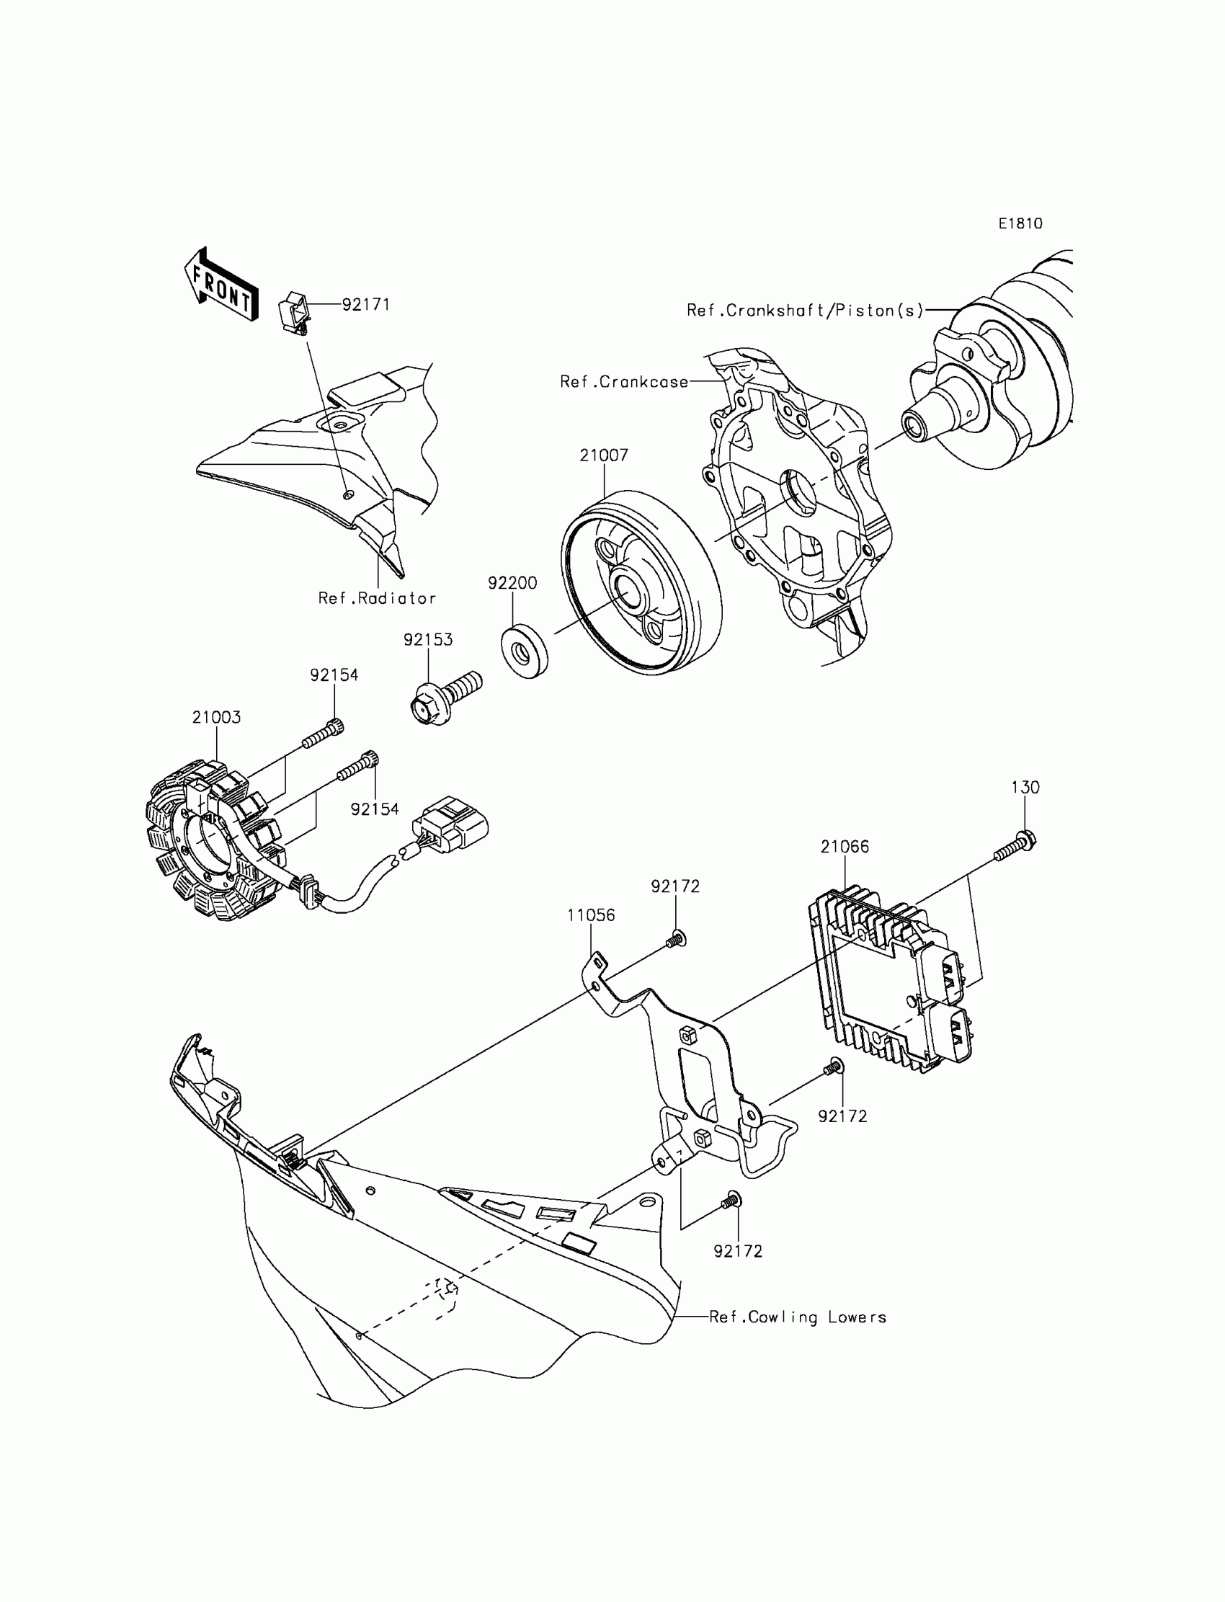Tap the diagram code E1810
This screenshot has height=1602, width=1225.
click(x=1020, y=224)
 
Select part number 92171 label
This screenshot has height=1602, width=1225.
click(x=366, y=305)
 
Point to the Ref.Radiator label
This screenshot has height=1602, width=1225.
click(x=377, y=599)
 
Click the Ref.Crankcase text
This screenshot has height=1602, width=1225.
click(x=623, y=382)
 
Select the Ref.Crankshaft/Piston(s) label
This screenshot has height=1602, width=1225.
click(x=805, y=311)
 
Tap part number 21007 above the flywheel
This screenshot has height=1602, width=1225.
click(x=604, y=455)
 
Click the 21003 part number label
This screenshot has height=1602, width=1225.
click(x=217, y=718)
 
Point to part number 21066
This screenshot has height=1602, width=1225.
click(x=845, y=847)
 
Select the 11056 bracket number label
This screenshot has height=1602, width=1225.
click(x=592, y=916)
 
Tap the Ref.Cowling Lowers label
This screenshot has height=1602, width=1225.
click(x=798, y=1317)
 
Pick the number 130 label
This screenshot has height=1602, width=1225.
click(x=1025, y=788)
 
